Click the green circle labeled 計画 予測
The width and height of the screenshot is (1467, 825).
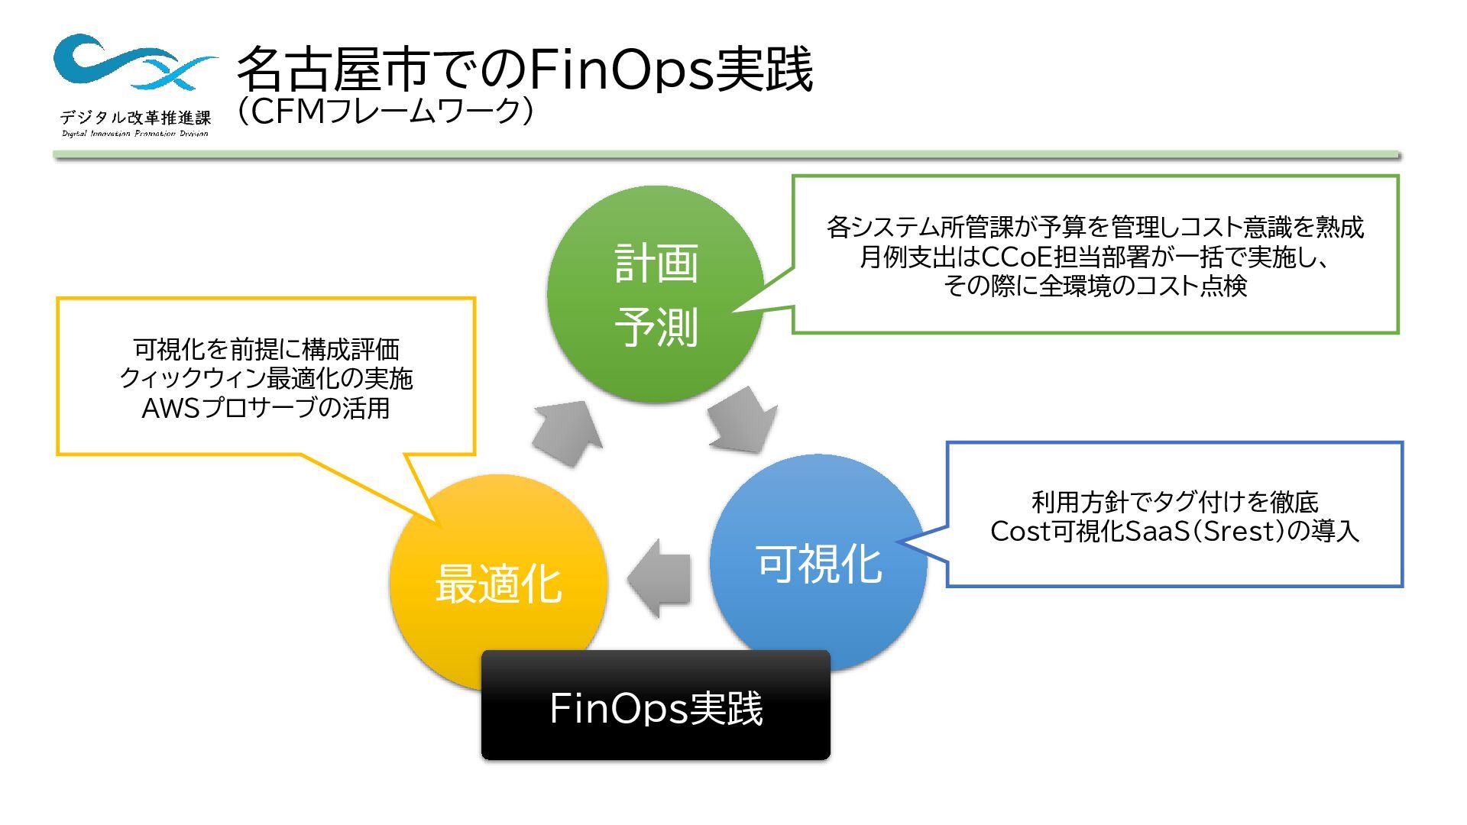tap(656, 294)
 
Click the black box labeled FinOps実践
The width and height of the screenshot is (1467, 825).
tap(656, 706)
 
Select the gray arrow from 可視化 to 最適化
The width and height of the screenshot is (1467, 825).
tap(660, 577)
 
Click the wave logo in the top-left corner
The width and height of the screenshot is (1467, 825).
tap(134, 61)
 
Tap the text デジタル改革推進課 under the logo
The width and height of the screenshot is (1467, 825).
tap(135, 118)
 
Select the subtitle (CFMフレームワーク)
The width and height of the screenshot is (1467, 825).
tap(384, 112)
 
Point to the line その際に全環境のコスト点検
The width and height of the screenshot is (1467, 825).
tap(1095, 286)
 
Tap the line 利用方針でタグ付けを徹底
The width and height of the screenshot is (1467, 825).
tap(1174, 502)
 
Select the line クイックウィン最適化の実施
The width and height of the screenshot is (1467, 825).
tap(266, 378)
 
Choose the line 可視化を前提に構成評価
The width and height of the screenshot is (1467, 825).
tap(266, 349)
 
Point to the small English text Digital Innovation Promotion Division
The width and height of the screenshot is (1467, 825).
tap(135, 134)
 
